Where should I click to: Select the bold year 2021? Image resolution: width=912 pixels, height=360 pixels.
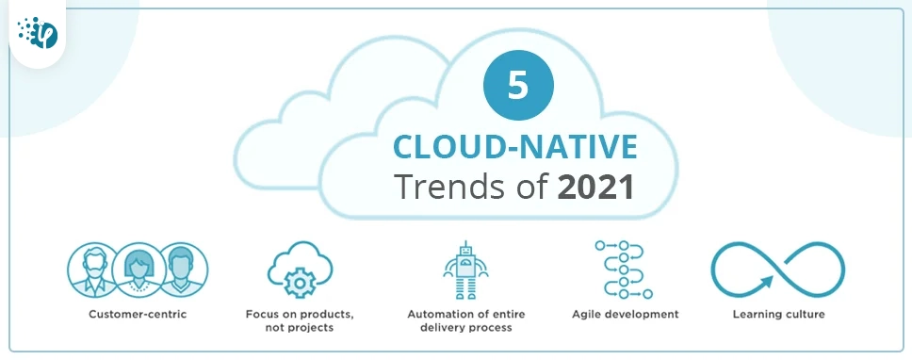(x=594, y=186)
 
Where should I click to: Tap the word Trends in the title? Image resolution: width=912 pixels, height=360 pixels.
(x=448, y=186)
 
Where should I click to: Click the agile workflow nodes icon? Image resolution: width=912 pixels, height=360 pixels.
(x=618, y=270)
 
